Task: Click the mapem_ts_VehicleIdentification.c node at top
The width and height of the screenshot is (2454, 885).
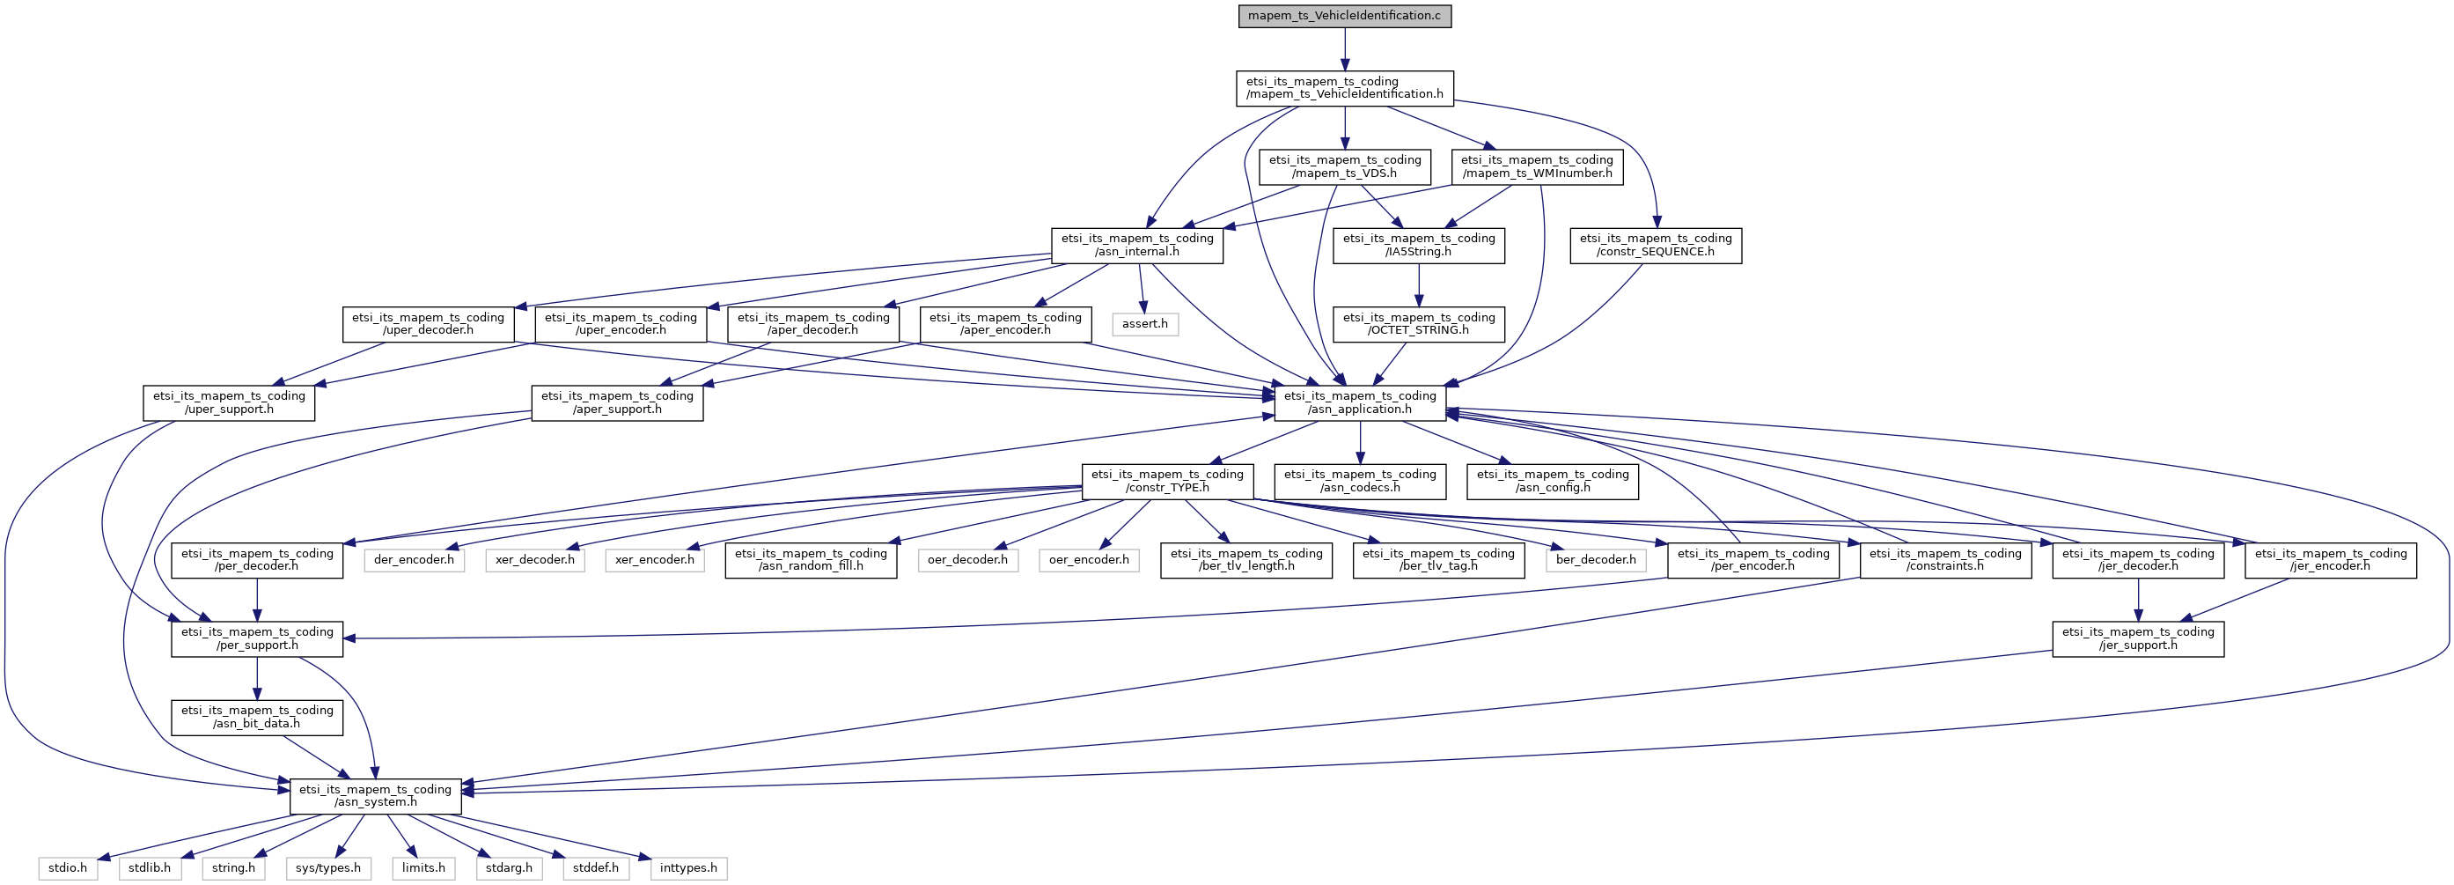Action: tap(1344, 16)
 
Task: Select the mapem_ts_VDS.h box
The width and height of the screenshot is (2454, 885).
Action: tap(1344, 166)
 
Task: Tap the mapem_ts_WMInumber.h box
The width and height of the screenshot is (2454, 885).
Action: tap(1537, 166)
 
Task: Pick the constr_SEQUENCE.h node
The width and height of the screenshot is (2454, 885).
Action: tap(1655, 246)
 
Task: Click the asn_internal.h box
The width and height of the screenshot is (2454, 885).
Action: tap(1136, 246)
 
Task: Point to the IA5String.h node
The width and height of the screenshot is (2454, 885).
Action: tap(1419, 246)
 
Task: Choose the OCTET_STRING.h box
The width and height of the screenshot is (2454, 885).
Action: tap(1419, 324)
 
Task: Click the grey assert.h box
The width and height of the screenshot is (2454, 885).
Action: tap(1144, 324)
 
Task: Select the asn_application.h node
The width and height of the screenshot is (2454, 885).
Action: tap(1359, 403)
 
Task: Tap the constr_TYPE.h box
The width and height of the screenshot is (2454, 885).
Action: tap(1167, 481)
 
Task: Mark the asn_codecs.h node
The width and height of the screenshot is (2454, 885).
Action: tap(1359, 481)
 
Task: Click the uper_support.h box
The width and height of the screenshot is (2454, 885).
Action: tap(229, 403)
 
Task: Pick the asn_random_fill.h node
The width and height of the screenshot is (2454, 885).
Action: tap(811, 560)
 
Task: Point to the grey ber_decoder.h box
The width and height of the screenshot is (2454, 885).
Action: tap(1596, 560)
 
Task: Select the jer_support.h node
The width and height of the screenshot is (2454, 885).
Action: tap(2138, 638)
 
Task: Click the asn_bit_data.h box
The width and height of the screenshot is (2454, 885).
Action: tap(257, 718)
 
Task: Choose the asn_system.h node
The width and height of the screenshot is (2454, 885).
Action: tap(375, 796)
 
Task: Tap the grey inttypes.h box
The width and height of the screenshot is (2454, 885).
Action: tap(687, 869)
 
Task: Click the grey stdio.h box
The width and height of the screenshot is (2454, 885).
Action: tap(68, 869)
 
